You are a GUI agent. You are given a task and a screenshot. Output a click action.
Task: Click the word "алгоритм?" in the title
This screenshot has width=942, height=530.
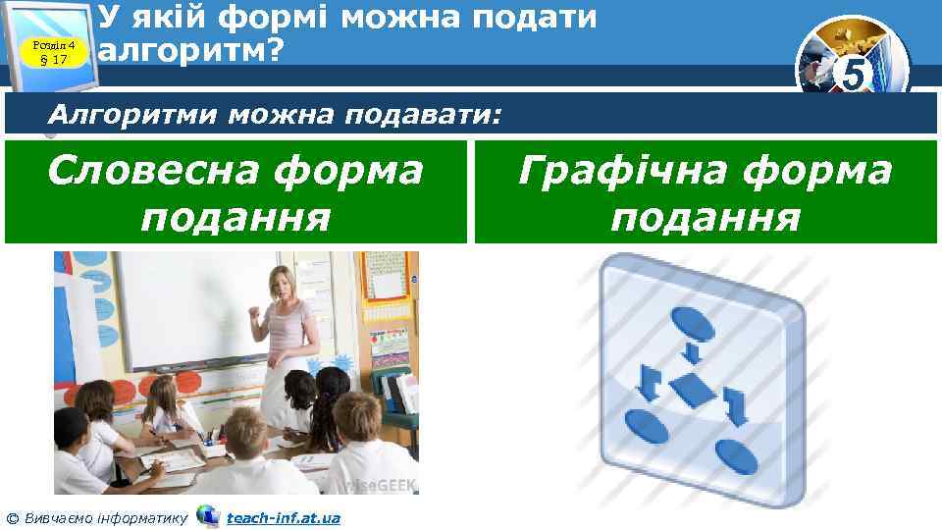click(x=190, y=50)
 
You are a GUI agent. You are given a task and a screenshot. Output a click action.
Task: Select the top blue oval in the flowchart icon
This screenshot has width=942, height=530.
click(x=692, y=322)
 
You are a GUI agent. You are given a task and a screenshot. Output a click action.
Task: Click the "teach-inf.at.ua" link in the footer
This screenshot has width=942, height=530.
click(x=284, y=517)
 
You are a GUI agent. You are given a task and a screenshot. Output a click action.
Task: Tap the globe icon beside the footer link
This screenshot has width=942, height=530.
click(x=208, y=515)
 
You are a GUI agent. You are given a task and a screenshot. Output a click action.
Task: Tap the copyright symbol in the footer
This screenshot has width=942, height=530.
click(x=11, y=517)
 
